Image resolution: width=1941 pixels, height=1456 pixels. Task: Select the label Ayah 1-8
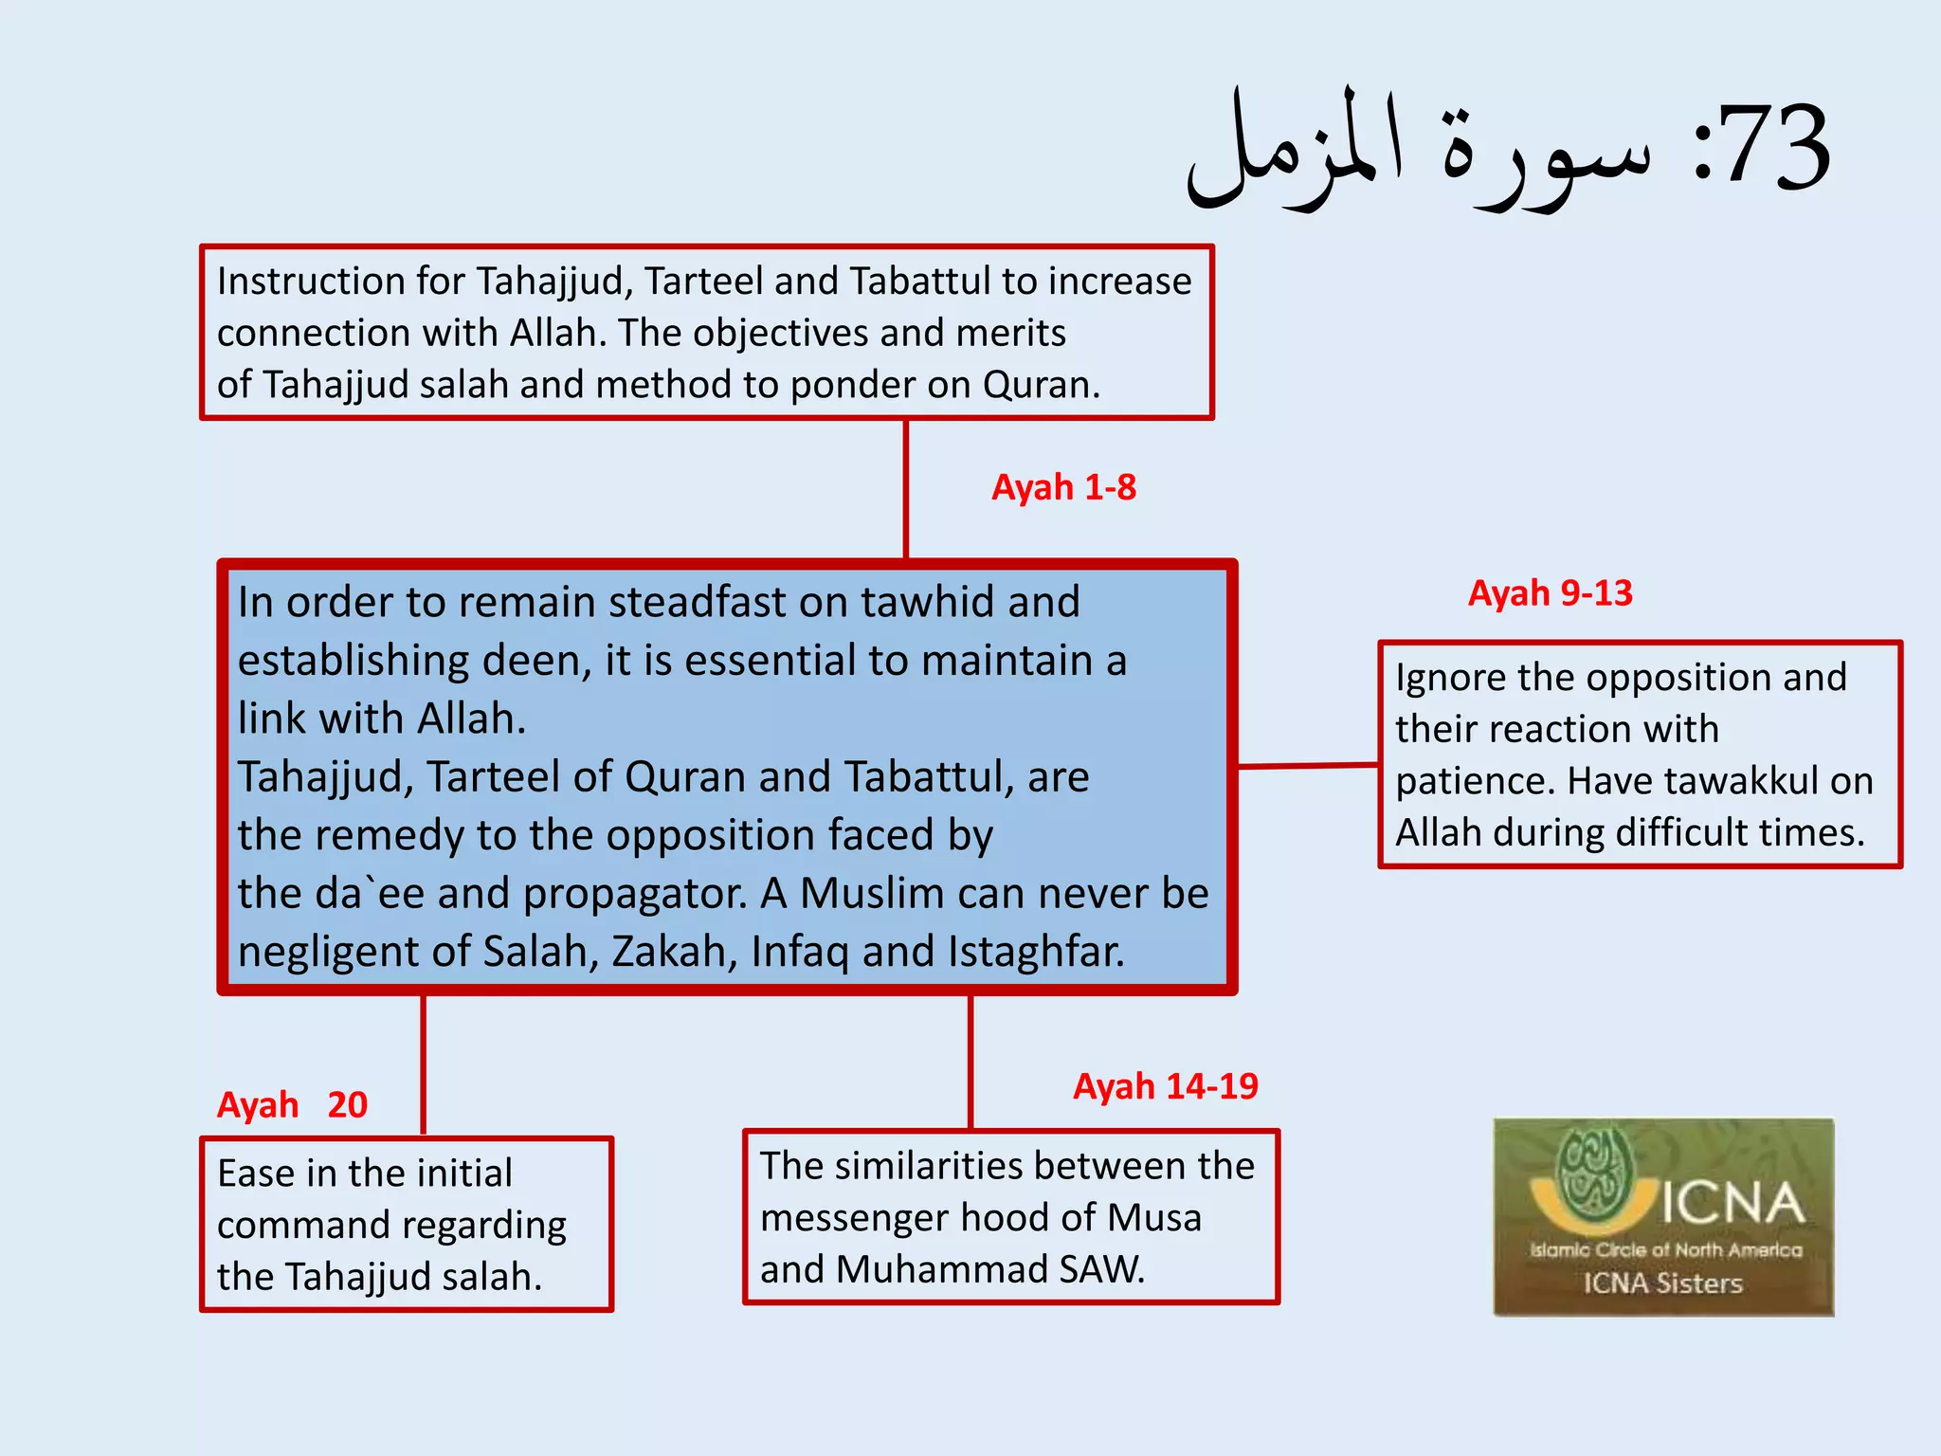click(x=1063, y=487)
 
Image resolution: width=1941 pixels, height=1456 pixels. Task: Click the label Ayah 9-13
click(x=1550, y=593)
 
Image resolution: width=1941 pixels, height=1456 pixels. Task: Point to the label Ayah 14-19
click(x=1165, y=1086)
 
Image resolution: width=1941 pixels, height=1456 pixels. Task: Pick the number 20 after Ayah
click(x=347, y=1105)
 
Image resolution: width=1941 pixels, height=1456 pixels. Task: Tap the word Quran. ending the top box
click(x=1041, y=385)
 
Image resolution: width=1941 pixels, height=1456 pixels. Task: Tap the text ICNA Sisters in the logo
click(x=1662, y=1283)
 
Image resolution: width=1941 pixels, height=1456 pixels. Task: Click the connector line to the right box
click(x=1308, y=765)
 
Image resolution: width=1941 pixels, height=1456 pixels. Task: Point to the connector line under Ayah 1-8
click(x=906, y=488)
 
